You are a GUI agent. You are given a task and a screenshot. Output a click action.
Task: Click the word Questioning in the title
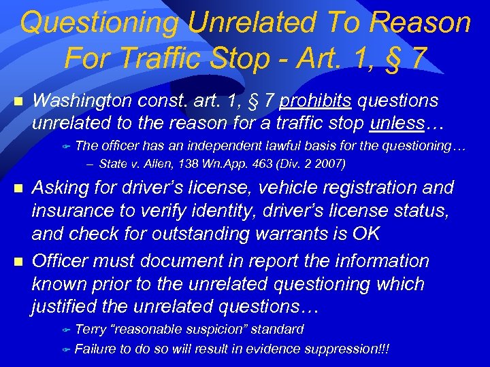pos(100,23)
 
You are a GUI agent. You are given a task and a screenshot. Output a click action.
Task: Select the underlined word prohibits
pos(315,101)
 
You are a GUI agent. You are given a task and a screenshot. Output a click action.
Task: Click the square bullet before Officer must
pos(18,261)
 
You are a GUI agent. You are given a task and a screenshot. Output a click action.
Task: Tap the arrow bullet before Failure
pos(66,350)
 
